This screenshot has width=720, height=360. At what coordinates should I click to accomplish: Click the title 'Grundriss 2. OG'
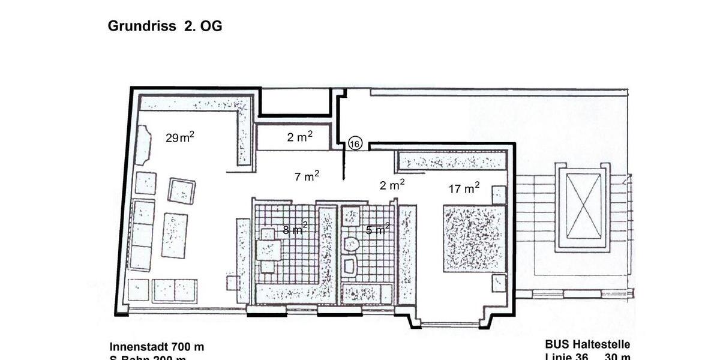[x=165, y=26]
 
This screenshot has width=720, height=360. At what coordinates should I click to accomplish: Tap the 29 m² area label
[x=179, y=137]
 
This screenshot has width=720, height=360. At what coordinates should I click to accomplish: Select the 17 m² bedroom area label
[x=464, y=188]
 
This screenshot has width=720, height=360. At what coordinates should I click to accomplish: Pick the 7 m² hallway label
[x=307, y=176]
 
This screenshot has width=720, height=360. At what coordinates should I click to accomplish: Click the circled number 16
[x=355, y=144]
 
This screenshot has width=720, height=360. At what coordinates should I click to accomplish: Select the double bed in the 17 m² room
[x=474, y=238]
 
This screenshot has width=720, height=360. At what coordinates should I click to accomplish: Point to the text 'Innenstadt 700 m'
[x=157, y=347]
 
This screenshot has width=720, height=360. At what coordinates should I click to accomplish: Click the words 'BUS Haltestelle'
[x=587, y=344]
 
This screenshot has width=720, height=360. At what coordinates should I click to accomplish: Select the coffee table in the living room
[x=174, y=235]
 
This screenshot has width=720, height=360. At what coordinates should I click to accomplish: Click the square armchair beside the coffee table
[x=181, y=191]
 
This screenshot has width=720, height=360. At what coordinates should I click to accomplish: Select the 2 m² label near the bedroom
[x=392, y=185]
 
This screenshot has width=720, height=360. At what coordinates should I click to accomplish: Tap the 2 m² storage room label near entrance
[x=299, y=137]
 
